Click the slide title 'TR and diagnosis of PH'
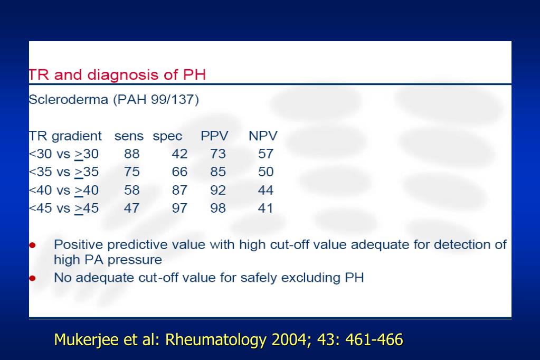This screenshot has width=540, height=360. click(117, 74)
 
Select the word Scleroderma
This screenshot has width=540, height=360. click(69, 100)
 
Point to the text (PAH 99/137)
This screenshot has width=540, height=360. click(156, 100)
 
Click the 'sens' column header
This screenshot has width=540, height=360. click(129, 136)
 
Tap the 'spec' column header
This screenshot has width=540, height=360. click(167, 136)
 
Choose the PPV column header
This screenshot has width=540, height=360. click(214, 136)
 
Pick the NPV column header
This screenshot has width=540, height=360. click(263, 136)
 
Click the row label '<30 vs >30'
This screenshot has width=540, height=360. click(63, 154)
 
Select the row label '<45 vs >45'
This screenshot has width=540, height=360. click(63, 208)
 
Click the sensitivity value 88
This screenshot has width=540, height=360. click(131, 154)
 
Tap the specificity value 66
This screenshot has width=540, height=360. click(179, 172)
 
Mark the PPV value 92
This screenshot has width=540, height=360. click(218, 190)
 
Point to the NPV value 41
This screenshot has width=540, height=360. click(266, 208)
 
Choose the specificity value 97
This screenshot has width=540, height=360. click(179, 208)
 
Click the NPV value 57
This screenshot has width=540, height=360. click(266, 154)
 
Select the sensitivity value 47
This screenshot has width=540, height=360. click(131, 208)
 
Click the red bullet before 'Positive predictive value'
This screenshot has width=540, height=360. click(33, 245)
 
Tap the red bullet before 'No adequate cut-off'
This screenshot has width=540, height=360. click(33, 278)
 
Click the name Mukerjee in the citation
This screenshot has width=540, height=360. click(87, 339)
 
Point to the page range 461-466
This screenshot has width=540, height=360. click(374, 339)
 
